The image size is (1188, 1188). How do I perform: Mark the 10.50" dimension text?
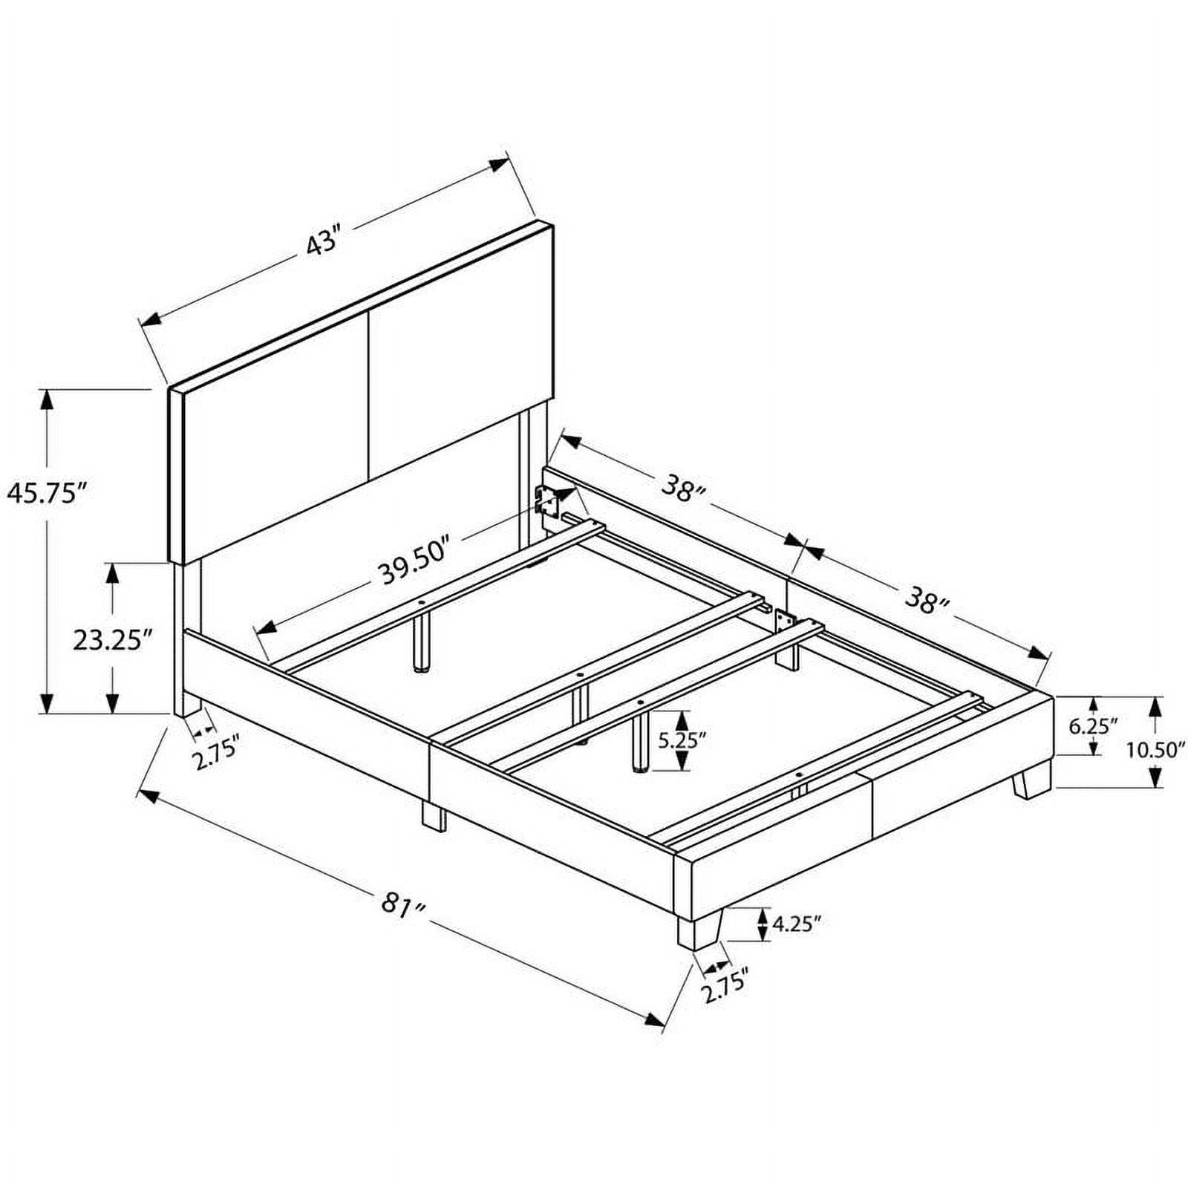[1155, 750]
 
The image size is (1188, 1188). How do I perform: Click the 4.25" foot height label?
[797, 924]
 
